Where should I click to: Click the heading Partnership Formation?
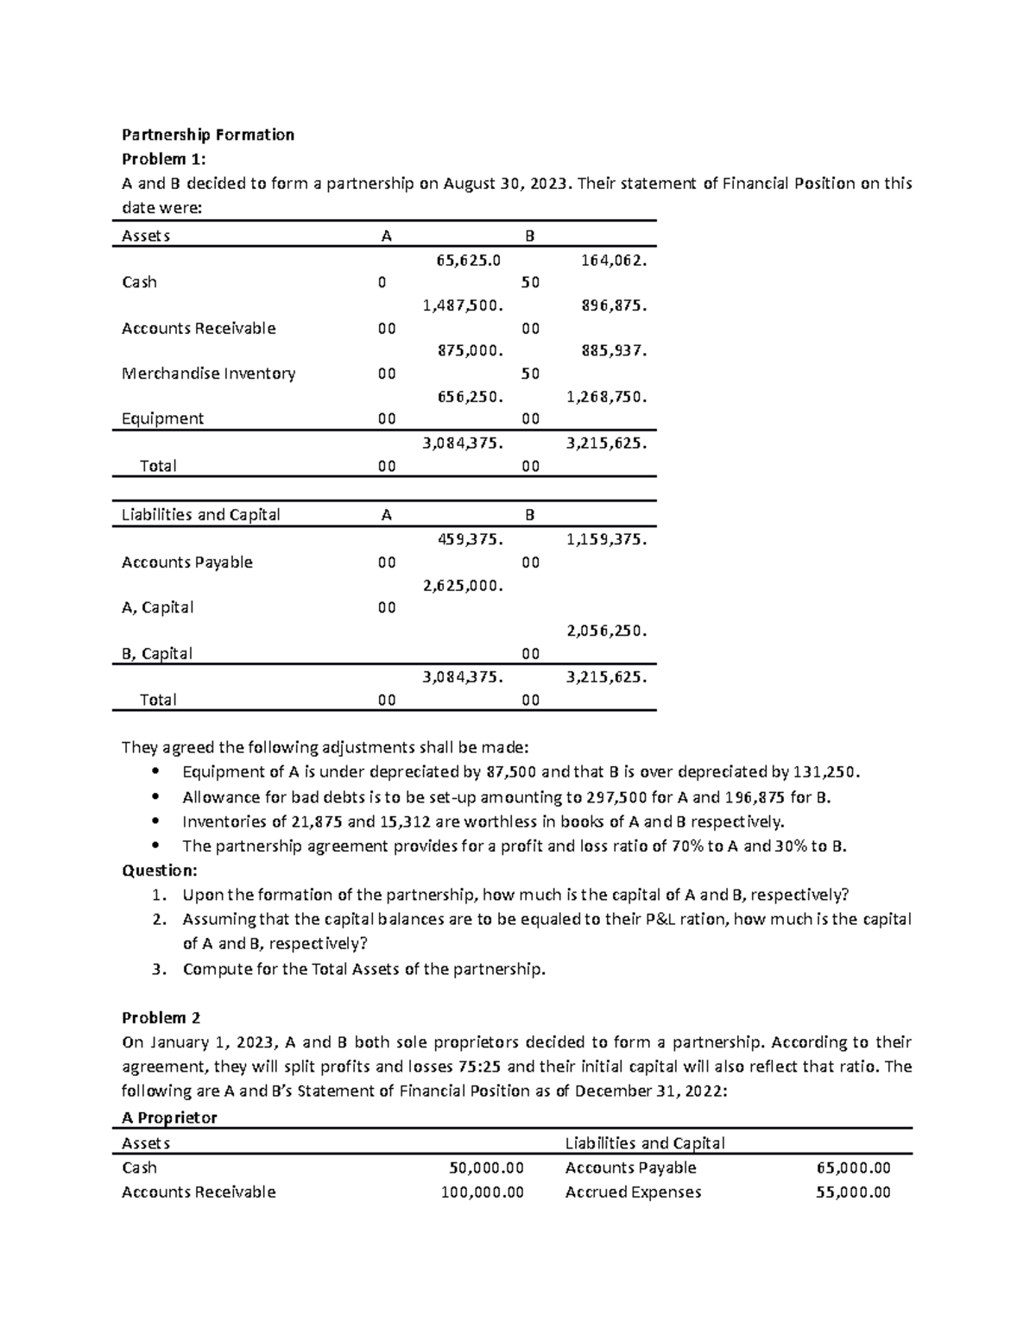tap(208, 135)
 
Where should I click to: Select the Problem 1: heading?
tap(165, 159)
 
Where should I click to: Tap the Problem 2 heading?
tap(161, 1017)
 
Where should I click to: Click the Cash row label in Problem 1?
tap(139, 282)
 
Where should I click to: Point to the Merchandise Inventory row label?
tap(208, 374)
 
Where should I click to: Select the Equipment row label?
tap(162, 418)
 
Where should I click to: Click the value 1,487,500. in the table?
tap(462, 305)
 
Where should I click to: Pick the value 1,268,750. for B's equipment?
tap(606, 397)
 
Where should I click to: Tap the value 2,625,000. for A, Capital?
tap(462, 585)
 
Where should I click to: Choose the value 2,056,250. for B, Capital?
tap(606, 631)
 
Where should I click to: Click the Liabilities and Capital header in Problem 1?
tap(200, 515)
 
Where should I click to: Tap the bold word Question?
tap(160, 870)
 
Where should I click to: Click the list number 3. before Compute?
tap(157, 969)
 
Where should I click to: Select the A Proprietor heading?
tap(169, 1117)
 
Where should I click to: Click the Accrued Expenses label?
tap(633, 1192)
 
